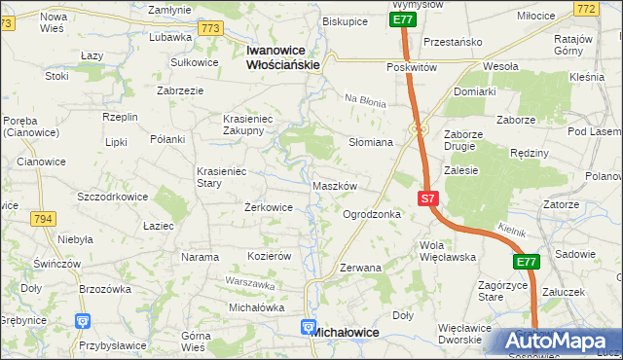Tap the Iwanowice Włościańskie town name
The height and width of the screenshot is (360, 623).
click(283, 56)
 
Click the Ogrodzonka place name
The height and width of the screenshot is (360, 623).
click(372, 213)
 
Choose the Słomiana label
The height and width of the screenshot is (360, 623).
click(371, 142)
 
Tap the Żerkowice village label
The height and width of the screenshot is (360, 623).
click(269, 207)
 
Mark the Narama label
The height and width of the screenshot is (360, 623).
click(200, 257)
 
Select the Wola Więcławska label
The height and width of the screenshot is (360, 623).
click(447, 251)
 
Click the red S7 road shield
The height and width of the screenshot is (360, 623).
click(429, 198)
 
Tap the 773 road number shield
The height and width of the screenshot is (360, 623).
click(208, 29)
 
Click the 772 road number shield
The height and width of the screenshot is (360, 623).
click(612, 9)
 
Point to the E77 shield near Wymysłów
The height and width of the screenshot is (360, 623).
click(404, 18)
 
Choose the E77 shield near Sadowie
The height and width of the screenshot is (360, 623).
click(527, 262)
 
